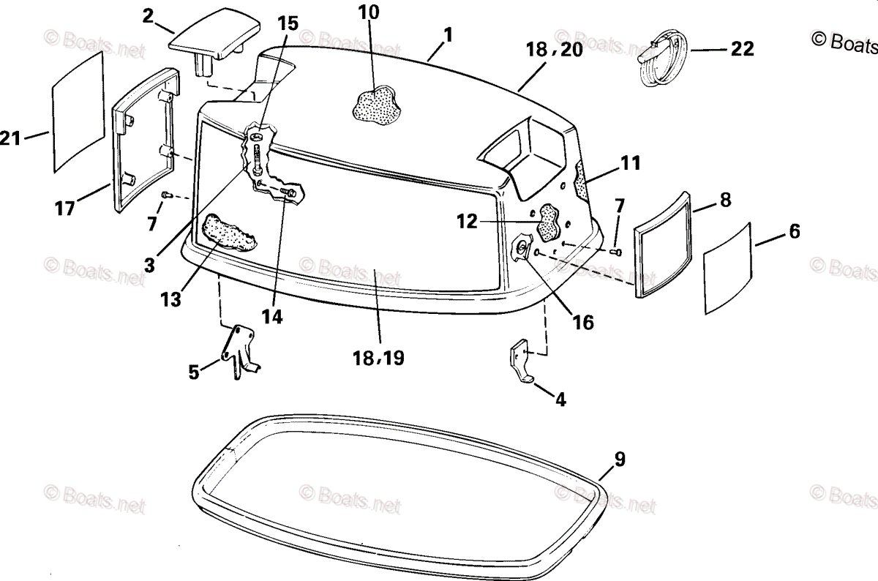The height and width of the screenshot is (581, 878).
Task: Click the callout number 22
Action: [741, 49]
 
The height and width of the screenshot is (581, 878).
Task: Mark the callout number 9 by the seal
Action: [619, 460]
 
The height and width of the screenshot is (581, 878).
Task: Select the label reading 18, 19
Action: [378, 358]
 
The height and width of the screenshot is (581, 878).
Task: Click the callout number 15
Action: [288, 23]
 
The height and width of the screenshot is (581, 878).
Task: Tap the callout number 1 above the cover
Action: [448, 34]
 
